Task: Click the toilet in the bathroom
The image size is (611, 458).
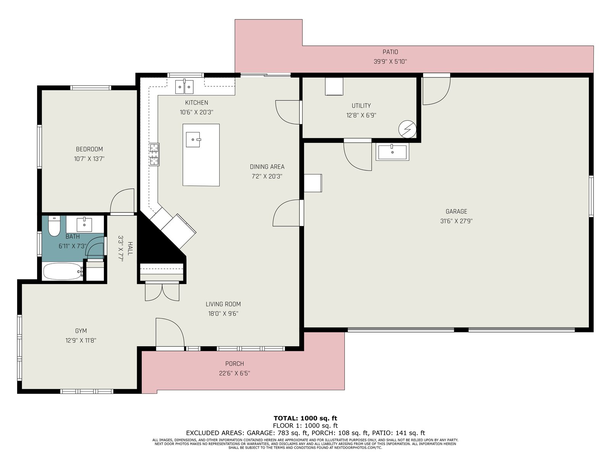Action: [54, 226]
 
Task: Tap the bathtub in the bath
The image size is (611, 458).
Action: [63, 271]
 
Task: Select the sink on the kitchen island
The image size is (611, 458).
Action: [193, 139]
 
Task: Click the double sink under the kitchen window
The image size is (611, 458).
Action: [184, 87]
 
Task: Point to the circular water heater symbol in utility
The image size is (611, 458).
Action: [407, 129]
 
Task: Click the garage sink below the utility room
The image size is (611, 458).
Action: [392, 152]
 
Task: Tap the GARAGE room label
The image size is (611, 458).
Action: [456, 211]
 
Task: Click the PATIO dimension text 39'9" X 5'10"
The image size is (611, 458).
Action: [390, 61]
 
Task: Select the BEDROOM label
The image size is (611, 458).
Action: [89, 149]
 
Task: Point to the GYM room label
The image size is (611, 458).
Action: [81, 331]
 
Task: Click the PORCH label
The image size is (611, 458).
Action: [234, 363]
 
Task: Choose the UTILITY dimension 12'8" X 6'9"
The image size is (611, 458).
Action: [361, 115]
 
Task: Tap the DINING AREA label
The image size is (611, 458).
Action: [267, 166]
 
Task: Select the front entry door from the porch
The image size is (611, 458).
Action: [170, 333]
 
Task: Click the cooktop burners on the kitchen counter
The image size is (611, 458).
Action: [154, 154]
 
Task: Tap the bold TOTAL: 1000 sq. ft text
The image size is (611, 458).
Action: [305, 418]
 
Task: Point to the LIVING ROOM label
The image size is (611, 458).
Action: [223, 304]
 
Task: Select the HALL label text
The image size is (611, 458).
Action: [130, 248]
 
